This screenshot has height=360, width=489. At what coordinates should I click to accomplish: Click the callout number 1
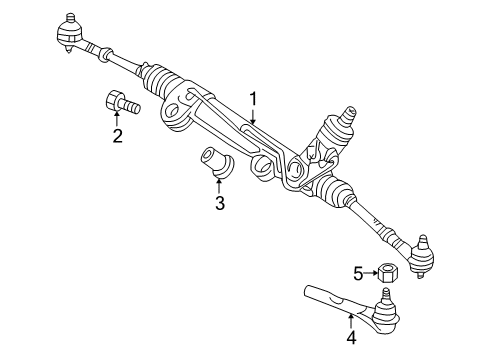(x=254, y=99)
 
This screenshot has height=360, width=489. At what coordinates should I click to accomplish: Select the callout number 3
(x=219, y=205)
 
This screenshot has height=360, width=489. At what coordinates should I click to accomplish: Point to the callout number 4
(x=351, y=337)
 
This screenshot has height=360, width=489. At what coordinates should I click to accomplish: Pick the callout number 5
(x=358, y=271)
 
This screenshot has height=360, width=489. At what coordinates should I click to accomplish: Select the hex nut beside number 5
(x=388, y=271)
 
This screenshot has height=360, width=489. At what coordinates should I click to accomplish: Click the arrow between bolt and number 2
(x=118, y=121)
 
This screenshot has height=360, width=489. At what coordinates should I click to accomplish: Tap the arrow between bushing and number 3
(x=219, y=187)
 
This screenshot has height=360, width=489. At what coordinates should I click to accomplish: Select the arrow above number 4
(x=351, y=320)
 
